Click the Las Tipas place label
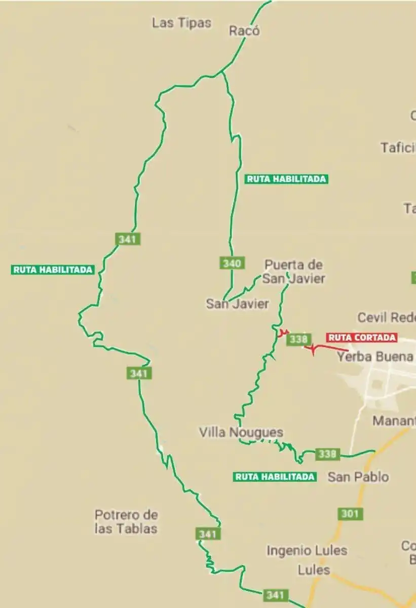[x=181, y=23]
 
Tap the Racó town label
[x=244, y=31]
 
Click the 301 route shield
[x=350, y=514]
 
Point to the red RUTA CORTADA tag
[x=362, y=337]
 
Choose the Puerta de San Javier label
[x=294, y=272]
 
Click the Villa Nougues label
[x=241, y=432]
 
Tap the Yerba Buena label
[x=375, y=357]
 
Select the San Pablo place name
[x=358, y=477]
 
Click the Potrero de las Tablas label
[x=126, y=522]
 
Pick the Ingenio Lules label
[x=307, y=550]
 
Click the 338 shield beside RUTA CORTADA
[x=298, y=339]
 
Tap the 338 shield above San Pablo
[x=327, y=454]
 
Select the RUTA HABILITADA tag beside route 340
[x=286, y=179]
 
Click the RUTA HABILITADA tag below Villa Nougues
[x=275, y=477]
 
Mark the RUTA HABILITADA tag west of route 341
[x=53, y=270]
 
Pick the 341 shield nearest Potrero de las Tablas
[x=208, y=534]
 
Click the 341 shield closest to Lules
[x=275, y=595]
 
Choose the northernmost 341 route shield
[x=128, y=239]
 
